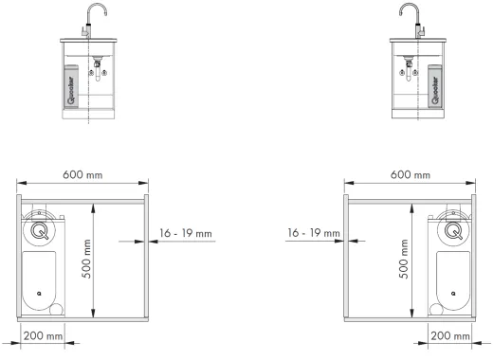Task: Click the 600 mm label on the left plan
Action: pyautogui.click(x=82, y=175)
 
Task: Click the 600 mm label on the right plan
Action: pyautogui.click(x=410, y=175)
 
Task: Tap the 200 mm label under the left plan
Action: pyautogui.click(x=42, y=336)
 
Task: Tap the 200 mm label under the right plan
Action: pyautogui.click(x=450, y=336)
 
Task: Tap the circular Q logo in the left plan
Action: pyautogui.click(x=39, y=229)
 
